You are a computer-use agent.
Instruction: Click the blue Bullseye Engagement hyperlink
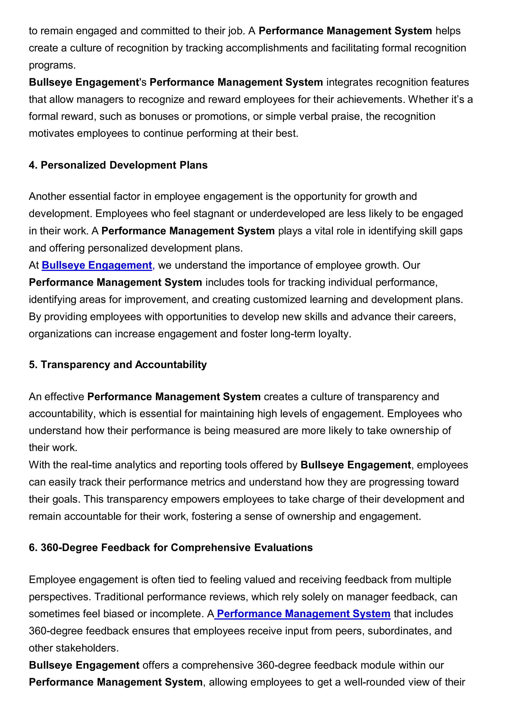(x=97, y=265)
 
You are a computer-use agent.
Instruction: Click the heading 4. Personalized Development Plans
(x=118, y=165)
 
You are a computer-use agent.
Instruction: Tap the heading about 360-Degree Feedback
(x=171, y=547)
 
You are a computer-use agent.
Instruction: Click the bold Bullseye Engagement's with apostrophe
(x=87, y=82)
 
